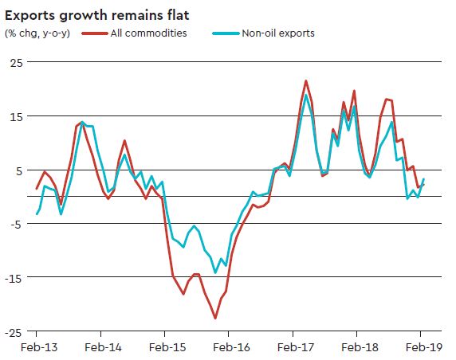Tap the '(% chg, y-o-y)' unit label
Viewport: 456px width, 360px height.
tap(37, 33)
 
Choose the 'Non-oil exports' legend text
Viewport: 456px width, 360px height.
tap(277, 33)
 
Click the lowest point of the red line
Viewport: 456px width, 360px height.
tap(215, 318)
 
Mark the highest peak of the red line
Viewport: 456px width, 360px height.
tap(306, 80)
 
